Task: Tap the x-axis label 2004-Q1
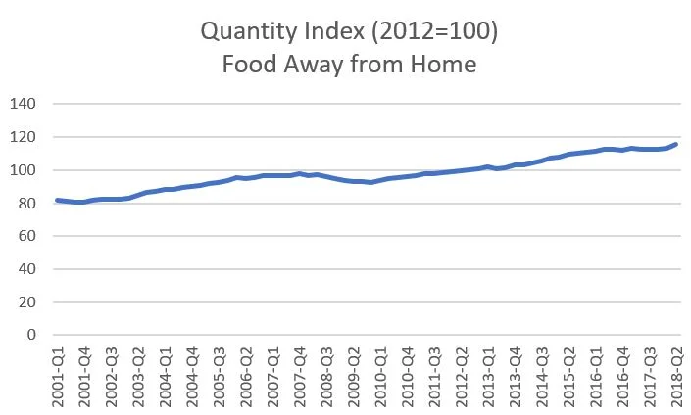pos(168,376)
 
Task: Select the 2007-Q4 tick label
pos(300,376)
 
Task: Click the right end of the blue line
pos(676,144)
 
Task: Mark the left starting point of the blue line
pos(57,200)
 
